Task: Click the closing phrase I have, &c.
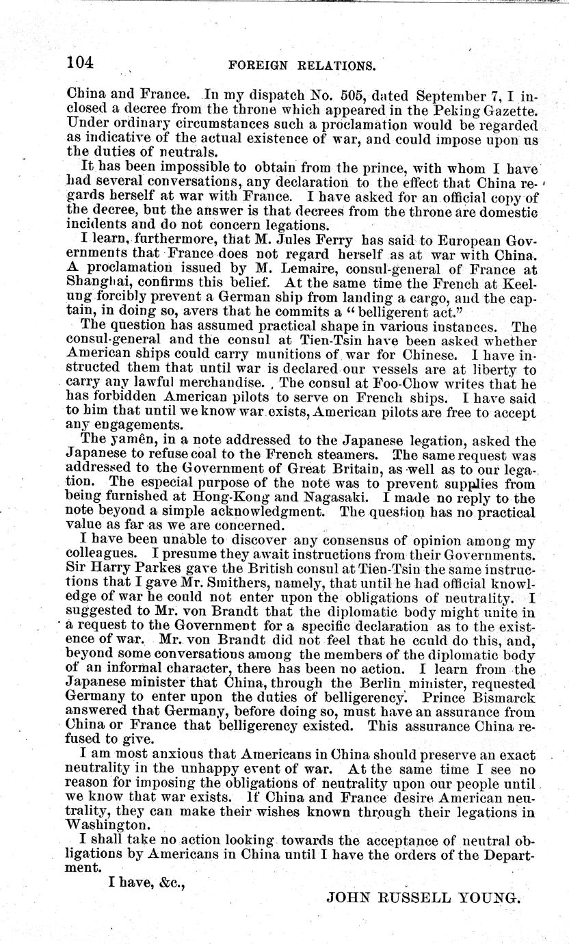(x=148, y=882)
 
